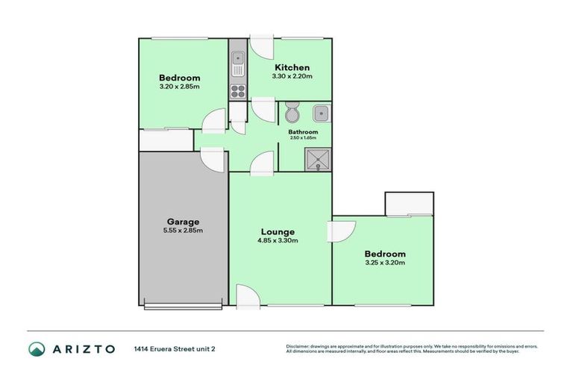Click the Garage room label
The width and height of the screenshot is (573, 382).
pyautogui.click(x=183, y=222)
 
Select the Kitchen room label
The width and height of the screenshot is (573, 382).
pyautogui.click(x=291, y=68)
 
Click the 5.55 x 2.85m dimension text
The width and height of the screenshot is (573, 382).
pyautogui.click(x=183, y=231)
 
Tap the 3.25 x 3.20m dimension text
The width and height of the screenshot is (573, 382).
pyautogui.click(x=385, y=263)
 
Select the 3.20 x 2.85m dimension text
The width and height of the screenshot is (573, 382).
pyautogui.click(x=180, y=87)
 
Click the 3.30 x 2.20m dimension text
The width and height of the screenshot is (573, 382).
pyautogui.click(x=291, y=76)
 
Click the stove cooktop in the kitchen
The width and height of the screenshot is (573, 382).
pyautogui.click(x=238, y=91)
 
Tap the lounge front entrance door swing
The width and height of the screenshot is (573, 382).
pyautogui.click(x=246, y=296)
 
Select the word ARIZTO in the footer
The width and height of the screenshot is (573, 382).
pyautogui.click(x=83, y=348)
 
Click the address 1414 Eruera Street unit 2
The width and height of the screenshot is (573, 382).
pyautogui.click(x=178, y=348)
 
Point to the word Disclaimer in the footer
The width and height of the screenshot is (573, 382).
pyautogui.click(x=300, y=346)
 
